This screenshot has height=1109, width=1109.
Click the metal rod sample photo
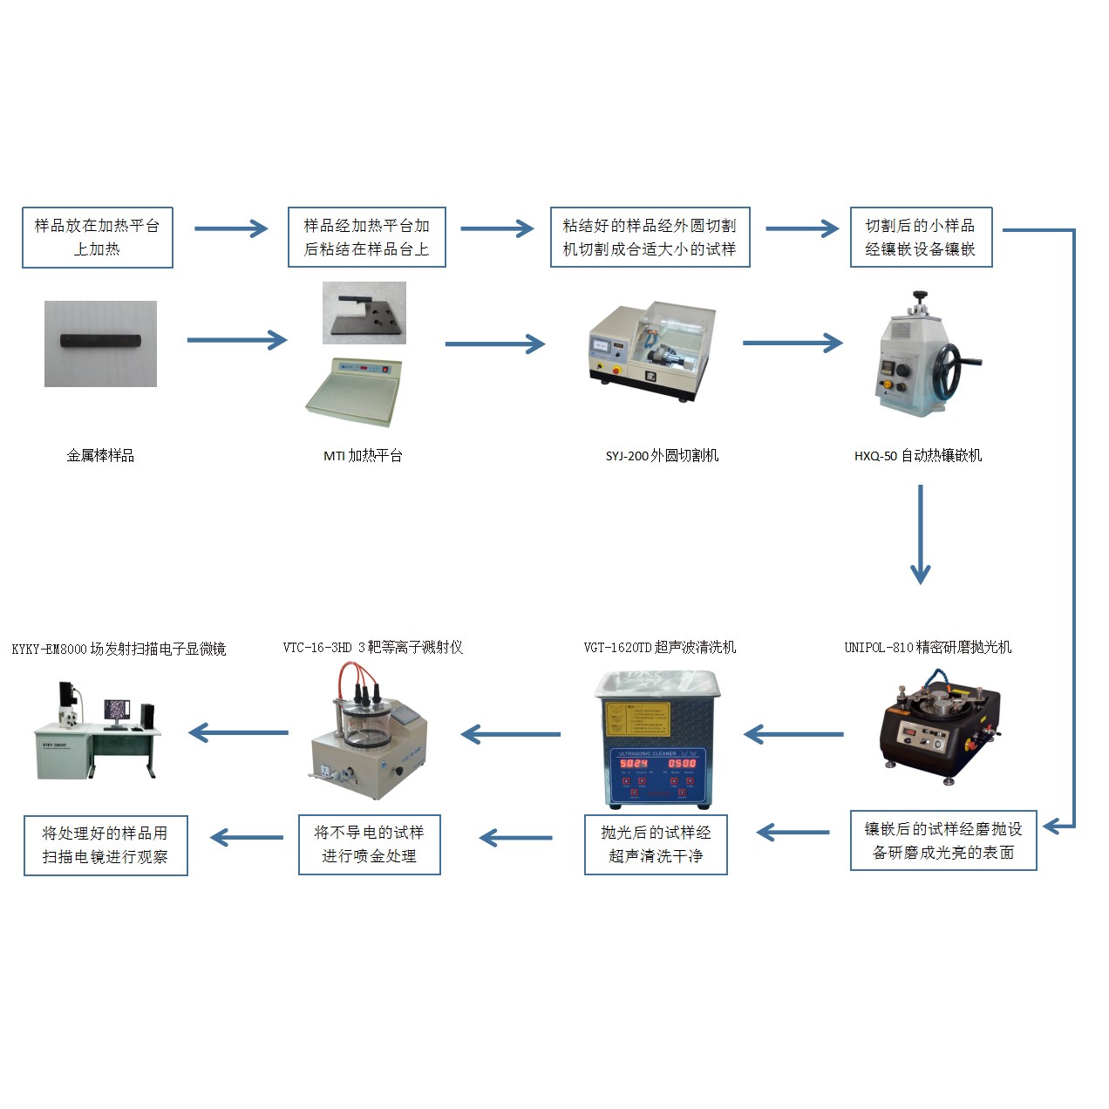(100, 343)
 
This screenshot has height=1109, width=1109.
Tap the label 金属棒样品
(100, 455)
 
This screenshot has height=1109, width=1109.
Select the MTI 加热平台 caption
(363, 455)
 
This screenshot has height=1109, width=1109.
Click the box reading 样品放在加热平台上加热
(97, 237)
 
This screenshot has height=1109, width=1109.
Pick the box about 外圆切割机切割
(650, 237)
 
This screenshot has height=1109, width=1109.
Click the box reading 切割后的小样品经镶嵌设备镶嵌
(921, 237)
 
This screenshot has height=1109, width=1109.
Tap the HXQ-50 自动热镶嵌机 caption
(918, 455)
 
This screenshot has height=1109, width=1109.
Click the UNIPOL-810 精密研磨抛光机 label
(928, 647)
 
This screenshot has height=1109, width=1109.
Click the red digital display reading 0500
(682, 763)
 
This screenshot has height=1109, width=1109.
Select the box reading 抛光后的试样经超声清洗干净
(656, 845)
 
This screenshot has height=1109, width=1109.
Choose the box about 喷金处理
(369, 845)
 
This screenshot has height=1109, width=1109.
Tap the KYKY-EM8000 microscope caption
(119, 649)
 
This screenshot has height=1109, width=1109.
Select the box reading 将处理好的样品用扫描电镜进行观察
(105, 845)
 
